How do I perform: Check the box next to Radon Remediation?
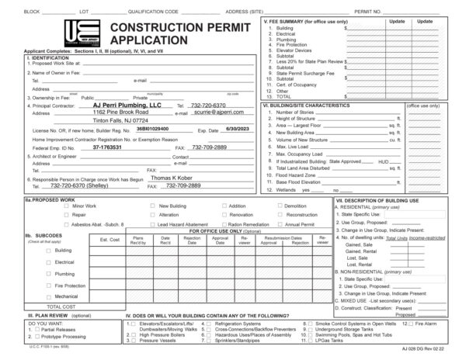(224, 223)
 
